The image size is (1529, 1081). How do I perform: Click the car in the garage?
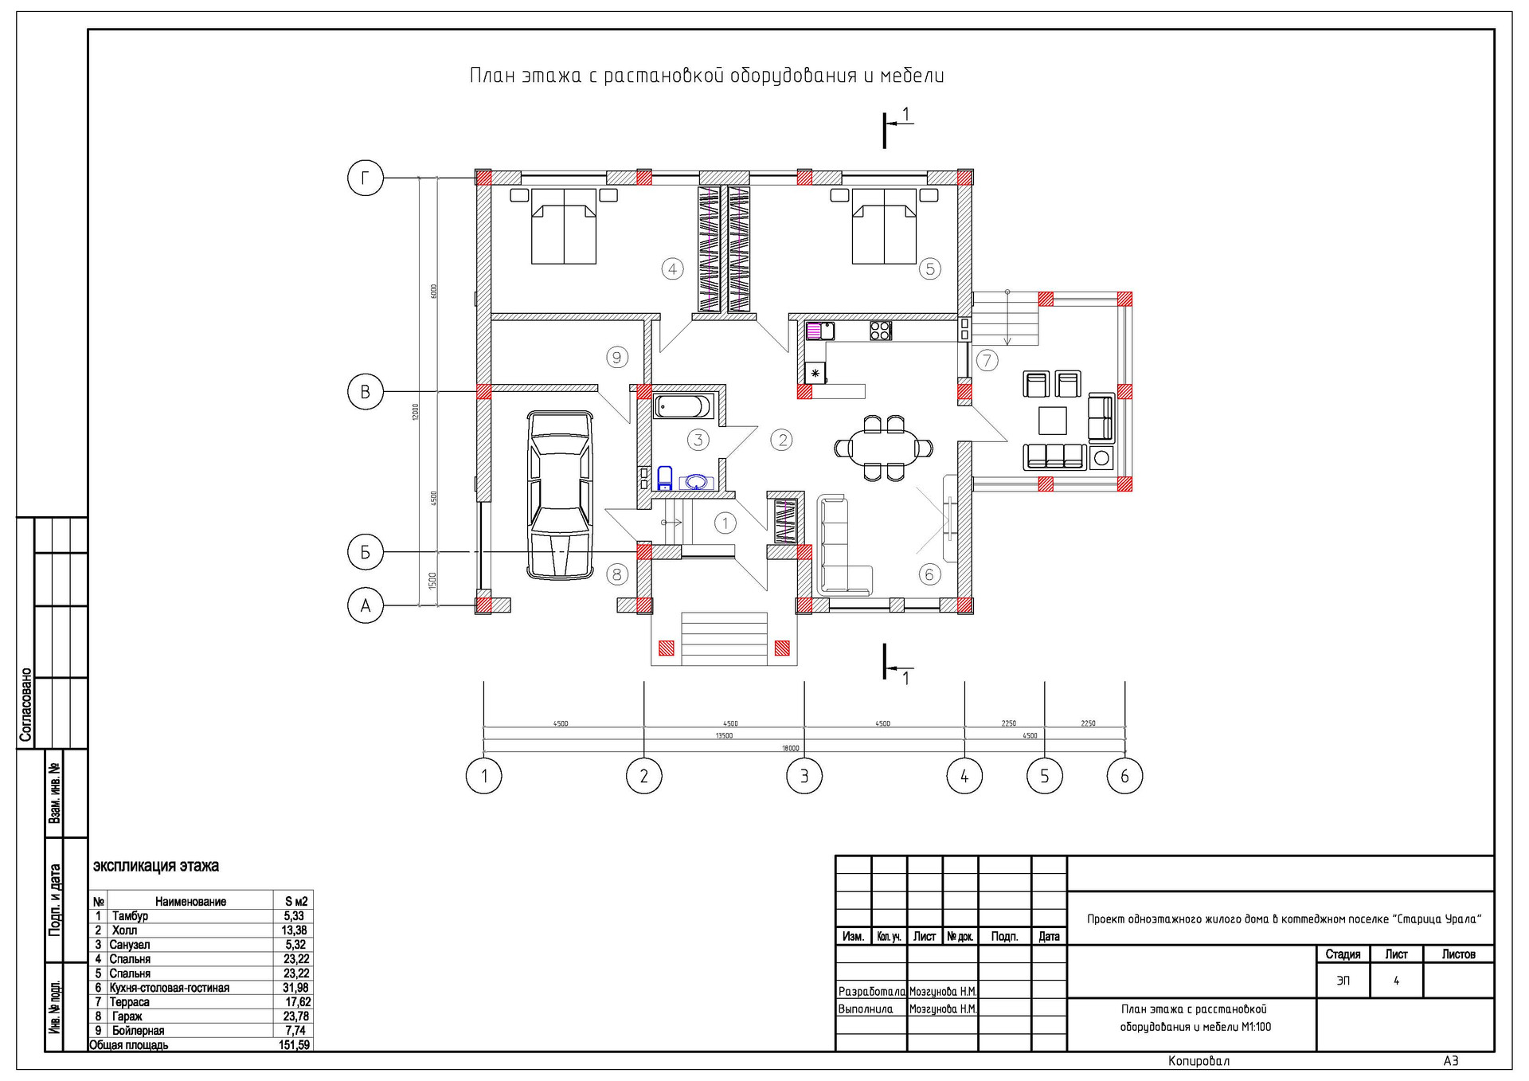(x=561, y=495)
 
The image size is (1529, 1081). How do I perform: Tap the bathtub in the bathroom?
(x=682, y=406)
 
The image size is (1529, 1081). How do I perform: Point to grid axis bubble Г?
(x=366, y=178)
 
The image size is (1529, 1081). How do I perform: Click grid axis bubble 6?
(x=1124, y=776)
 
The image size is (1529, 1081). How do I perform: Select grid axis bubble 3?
(x=804, y=776)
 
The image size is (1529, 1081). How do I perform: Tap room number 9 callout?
(x=617, y=358)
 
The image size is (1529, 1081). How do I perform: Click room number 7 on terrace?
(x=987, y=360)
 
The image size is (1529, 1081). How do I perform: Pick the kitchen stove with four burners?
(x=880, y=330)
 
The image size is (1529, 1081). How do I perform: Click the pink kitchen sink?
(x=819, y=330)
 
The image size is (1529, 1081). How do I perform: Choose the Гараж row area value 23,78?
(x=296, y=1016)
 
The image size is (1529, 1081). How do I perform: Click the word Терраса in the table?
(x=130, y=1002)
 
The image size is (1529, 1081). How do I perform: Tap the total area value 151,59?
(x=295, y=1045)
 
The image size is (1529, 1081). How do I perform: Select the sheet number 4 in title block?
(x=1396, y=981)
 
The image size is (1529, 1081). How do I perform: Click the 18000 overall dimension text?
(x=790, y=748)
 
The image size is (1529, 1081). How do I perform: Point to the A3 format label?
(x=1451, y=1061)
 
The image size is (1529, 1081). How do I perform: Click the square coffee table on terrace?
(x=1052, y=420)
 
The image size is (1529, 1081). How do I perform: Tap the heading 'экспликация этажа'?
(x=156, y=866)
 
